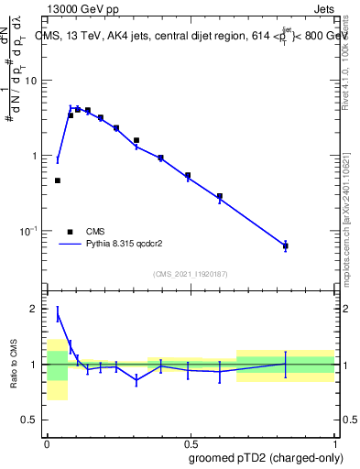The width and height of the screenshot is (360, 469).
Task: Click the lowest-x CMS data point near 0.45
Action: click(x=58, y=180)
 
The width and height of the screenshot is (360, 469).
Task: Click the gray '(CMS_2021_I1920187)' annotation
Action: click(x=190, y=274)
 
